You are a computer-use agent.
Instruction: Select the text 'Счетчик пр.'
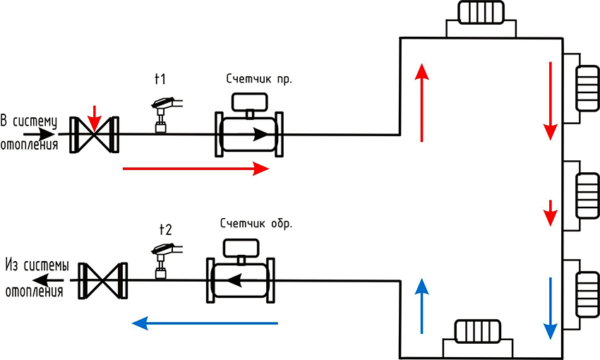tap(259, 79)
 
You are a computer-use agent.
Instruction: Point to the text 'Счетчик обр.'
tap(256, 224)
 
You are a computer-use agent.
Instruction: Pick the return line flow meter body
tap(240, 280)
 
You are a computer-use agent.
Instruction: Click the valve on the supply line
tap(95, 134)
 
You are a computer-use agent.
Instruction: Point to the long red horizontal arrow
tap(196, 168)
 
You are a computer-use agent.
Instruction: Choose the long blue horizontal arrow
tap(205, 323)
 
